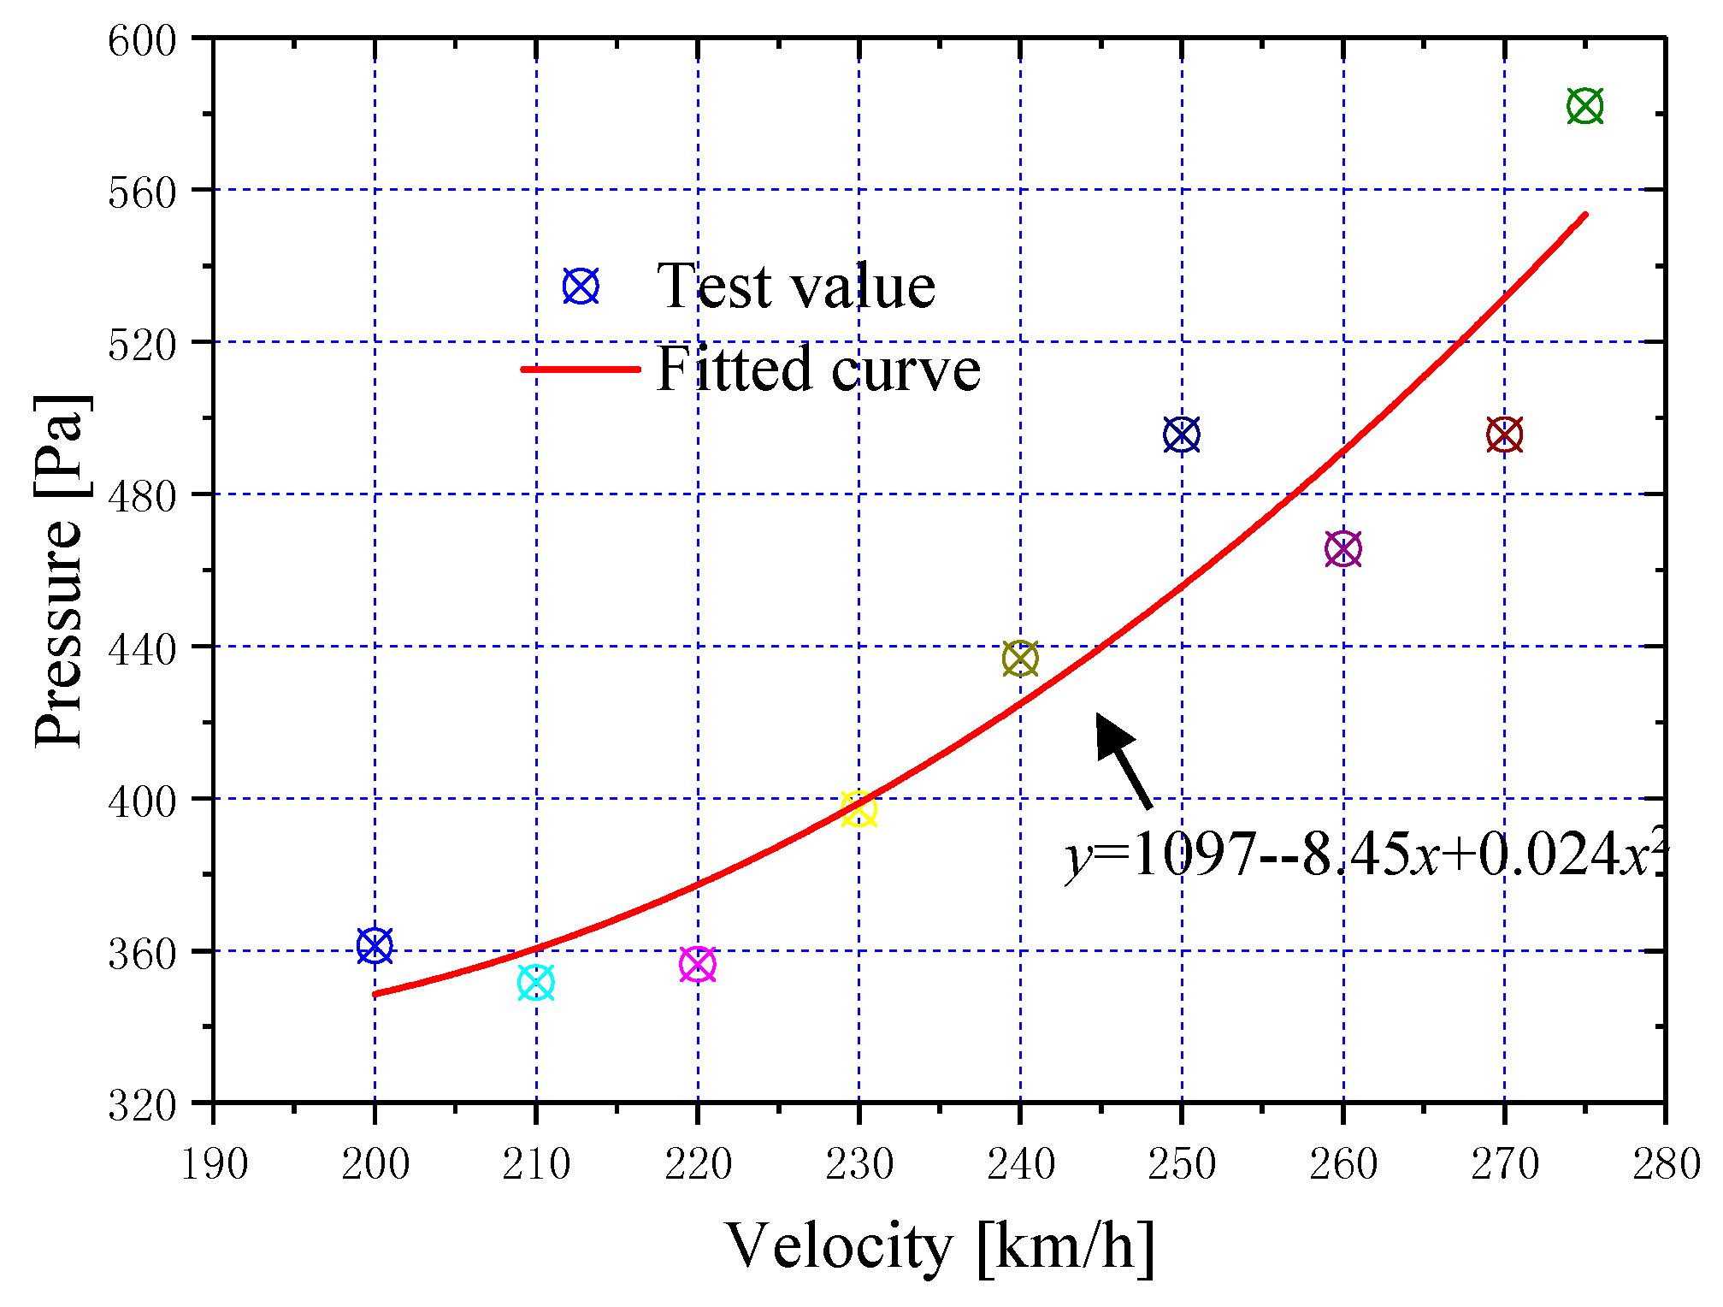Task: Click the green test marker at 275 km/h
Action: point(1584,107)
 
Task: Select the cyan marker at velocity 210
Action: point(536,983)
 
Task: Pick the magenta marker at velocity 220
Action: point(698,965)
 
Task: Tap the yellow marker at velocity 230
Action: point(859,809)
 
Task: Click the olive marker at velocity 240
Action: point(1020,659)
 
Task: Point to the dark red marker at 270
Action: point(1504,435)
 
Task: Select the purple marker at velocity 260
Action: point(1342,549)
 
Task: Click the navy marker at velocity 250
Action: point(1182,435)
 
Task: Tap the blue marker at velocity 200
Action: point(375,946)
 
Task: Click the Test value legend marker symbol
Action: point(581,287)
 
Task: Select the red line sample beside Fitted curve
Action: point(581,370)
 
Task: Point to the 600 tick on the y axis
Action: point(141,41)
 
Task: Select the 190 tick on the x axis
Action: point(214,1164)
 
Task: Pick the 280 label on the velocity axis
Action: point(1665,1164)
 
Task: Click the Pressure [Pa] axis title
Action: point(60,571)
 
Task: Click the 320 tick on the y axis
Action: point(141,1105)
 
